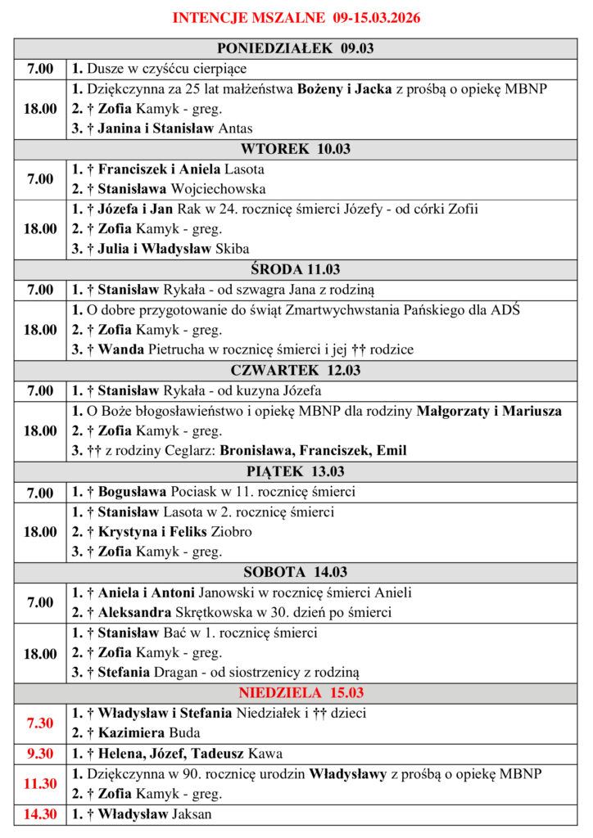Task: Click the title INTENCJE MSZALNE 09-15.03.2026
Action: pos(296,17)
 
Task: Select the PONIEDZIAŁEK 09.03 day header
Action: pos(296,48)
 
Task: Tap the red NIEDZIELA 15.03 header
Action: pos(296,693)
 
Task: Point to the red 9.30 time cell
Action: pos(40,754)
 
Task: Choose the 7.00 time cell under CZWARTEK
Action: pos(40,391)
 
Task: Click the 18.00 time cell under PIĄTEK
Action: pos(40,532)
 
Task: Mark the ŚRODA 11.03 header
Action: pos(296,269)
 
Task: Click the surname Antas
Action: pos(236,128)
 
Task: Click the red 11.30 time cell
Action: pos(40,783)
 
